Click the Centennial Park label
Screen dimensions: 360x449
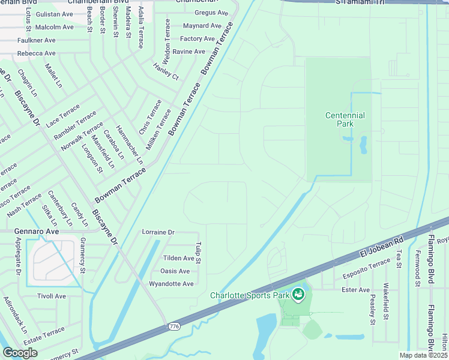tap(345, 119)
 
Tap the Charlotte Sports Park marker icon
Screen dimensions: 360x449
tap(298, 295)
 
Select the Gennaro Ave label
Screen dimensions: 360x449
tap(37, 231)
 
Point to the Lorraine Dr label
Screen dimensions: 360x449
tap(158, 232)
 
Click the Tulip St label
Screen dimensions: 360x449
tap(197, 253)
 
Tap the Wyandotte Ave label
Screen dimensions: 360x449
tap(171, 284)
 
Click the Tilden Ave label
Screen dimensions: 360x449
tap(179, 258)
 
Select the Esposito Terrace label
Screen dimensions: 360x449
tap(367, 268)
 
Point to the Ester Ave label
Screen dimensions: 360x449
tap(355, 290)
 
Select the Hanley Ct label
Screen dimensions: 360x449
tap(166, 72)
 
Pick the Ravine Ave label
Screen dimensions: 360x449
tap(188, 52)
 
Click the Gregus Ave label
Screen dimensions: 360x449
tap(211, 13)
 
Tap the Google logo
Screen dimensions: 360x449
tap(20, 352)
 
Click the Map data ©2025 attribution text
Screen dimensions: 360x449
tap(423, 355)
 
